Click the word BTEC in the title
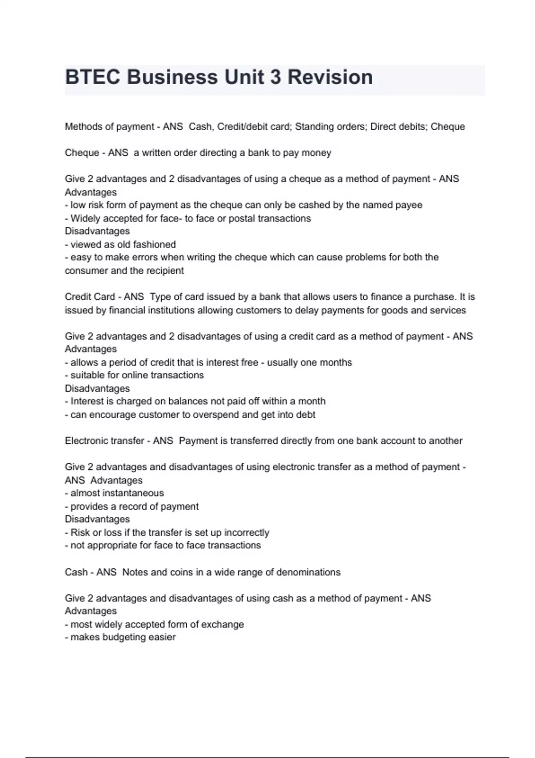pyautogui.click(x=93, y=77)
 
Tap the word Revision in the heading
pyautogui.click(x=330, y=77)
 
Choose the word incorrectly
pyautogui.click(x=247, y=532)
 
